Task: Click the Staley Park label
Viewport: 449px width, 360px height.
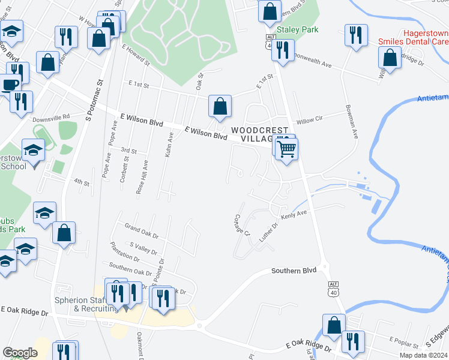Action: tap(297, 29)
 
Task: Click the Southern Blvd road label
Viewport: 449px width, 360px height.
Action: tap(294, 271)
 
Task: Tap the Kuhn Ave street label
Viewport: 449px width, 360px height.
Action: tap(169, 146)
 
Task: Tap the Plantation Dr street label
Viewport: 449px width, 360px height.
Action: tap(124, 251)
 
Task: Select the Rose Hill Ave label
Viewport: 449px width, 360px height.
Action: tap(142, 177)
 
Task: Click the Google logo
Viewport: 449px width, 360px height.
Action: tap(20, 352)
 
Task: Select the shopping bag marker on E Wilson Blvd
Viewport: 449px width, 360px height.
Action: tap(220, 106)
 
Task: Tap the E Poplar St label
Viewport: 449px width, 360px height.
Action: tap(403, 339)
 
